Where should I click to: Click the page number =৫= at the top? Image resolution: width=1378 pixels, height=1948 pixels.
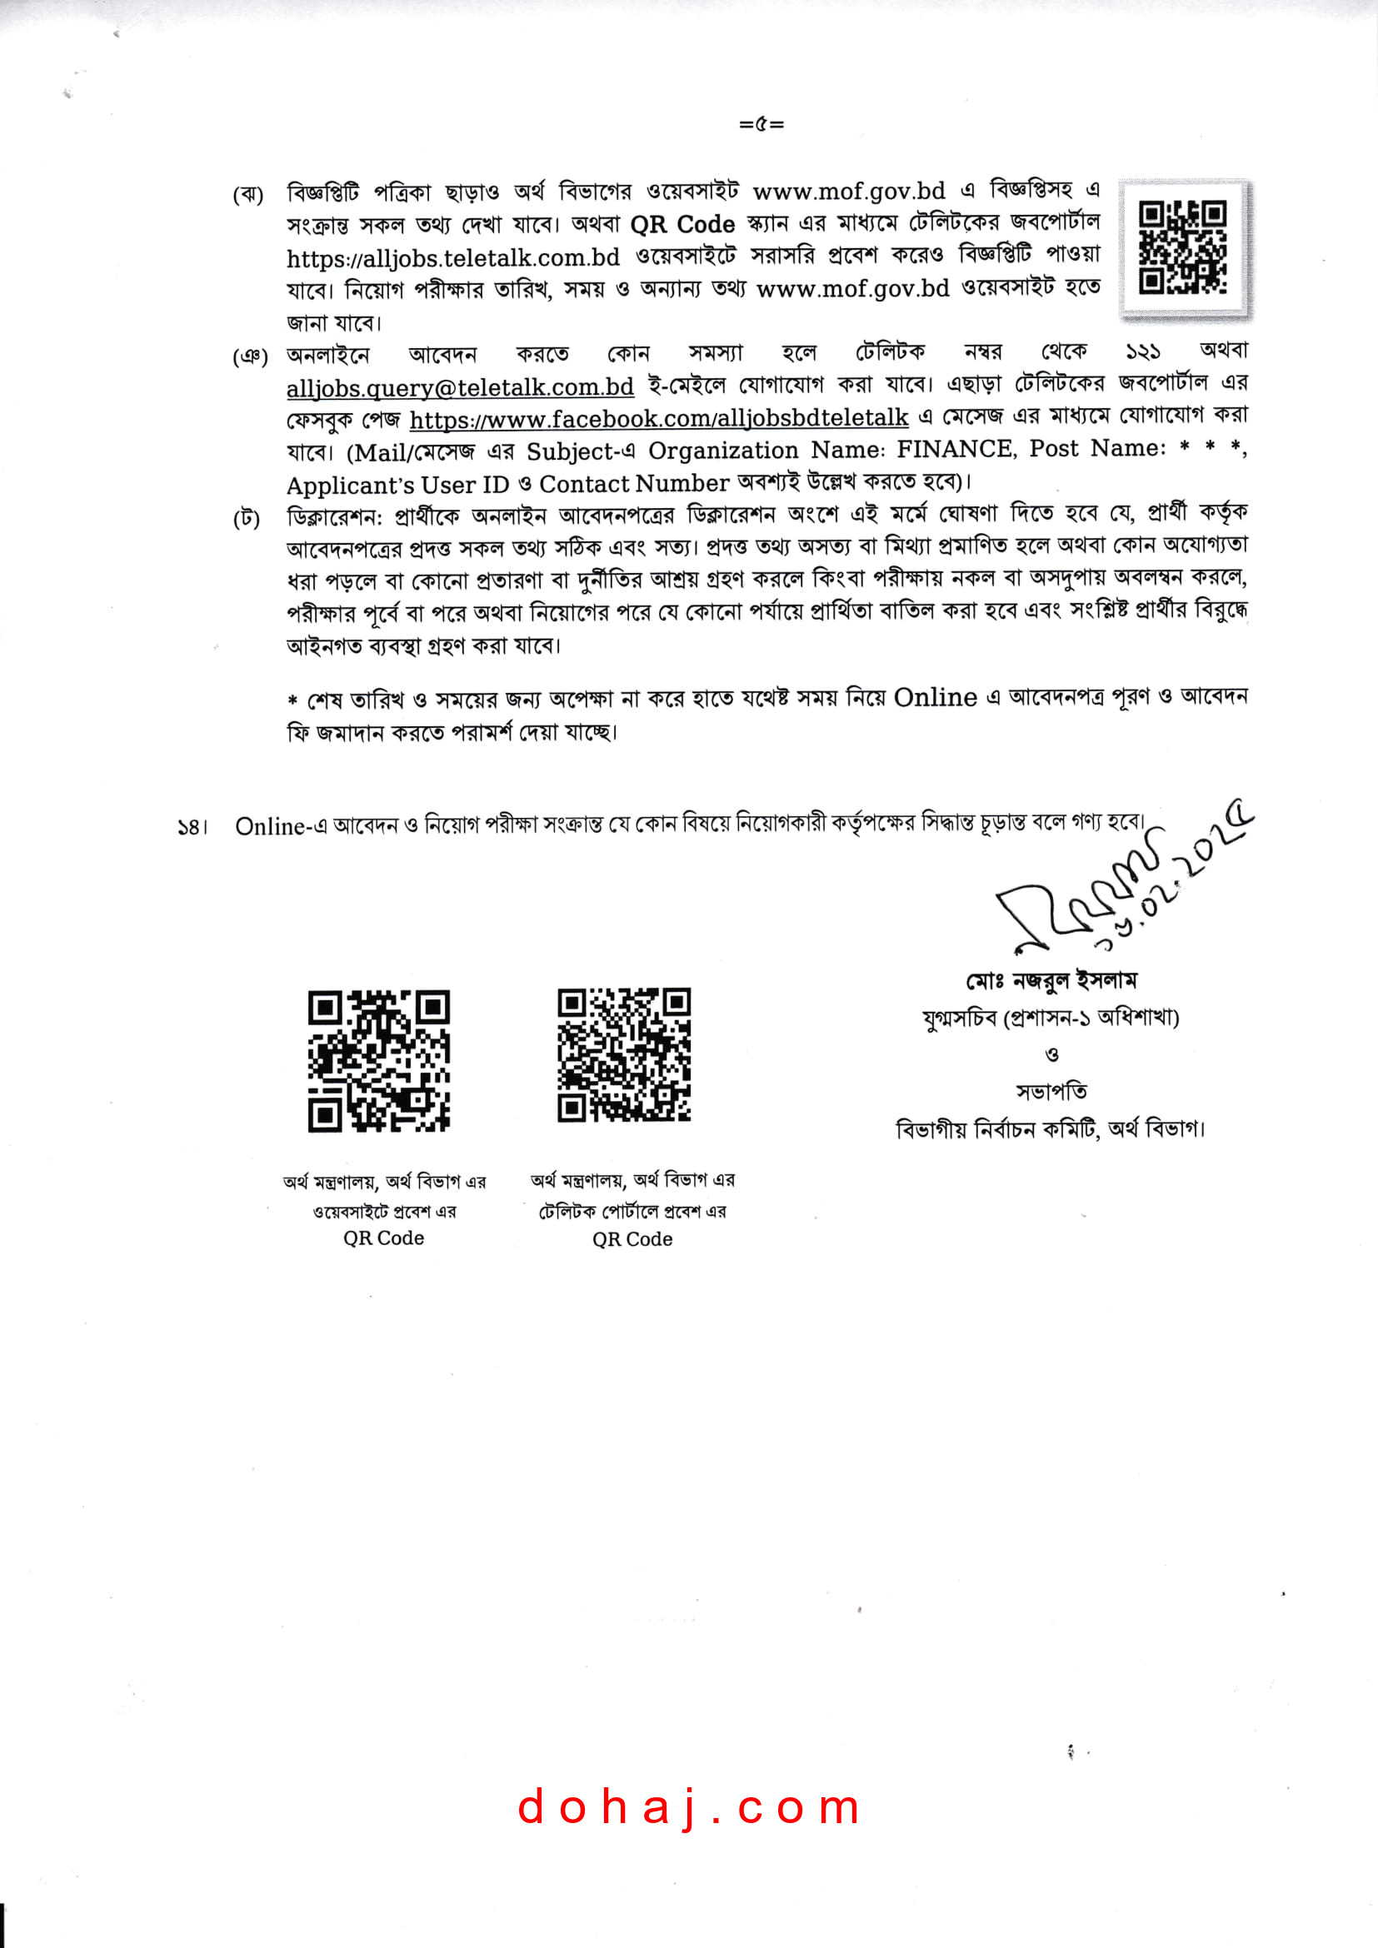761,124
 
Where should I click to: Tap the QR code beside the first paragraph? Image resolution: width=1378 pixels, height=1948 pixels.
1183,247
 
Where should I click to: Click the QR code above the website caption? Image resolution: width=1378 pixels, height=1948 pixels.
378,1060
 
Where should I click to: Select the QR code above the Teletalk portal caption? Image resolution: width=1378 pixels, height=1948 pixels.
624,1054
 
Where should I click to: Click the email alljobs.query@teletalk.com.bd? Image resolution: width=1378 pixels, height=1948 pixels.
460,388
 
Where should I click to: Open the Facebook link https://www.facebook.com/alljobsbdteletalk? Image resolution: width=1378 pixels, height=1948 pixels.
658,419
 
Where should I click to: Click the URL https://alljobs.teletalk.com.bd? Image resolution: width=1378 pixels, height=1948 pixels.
453,258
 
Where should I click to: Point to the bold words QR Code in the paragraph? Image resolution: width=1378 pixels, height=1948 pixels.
682,225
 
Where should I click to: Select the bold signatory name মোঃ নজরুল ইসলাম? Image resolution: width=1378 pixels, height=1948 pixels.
1051,982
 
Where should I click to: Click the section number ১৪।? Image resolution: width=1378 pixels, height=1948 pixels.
192,827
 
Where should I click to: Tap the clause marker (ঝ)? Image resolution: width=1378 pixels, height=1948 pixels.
247,194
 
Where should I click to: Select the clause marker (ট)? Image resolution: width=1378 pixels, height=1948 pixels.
247,517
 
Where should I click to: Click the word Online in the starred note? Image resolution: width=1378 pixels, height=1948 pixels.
935,697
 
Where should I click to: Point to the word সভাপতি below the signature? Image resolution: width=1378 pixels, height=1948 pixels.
1051,1091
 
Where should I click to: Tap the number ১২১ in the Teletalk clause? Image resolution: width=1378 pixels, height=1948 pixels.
1142,351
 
